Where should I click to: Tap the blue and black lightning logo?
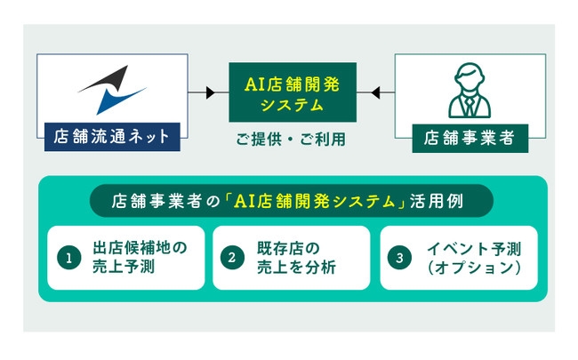(x=110, y=90)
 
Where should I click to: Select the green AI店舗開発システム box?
(x=292, y=92)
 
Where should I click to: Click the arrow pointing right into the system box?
(x=210, y=92)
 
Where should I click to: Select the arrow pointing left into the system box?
(x=375, y=92)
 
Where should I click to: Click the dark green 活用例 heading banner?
(x=293, y=201)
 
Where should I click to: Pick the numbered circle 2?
(x=233, y=258)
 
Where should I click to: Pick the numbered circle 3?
(x=400, y=258)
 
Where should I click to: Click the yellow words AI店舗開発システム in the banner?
(x=319, y=201)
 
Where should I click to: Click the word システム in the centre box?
(x=292, y=105)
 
